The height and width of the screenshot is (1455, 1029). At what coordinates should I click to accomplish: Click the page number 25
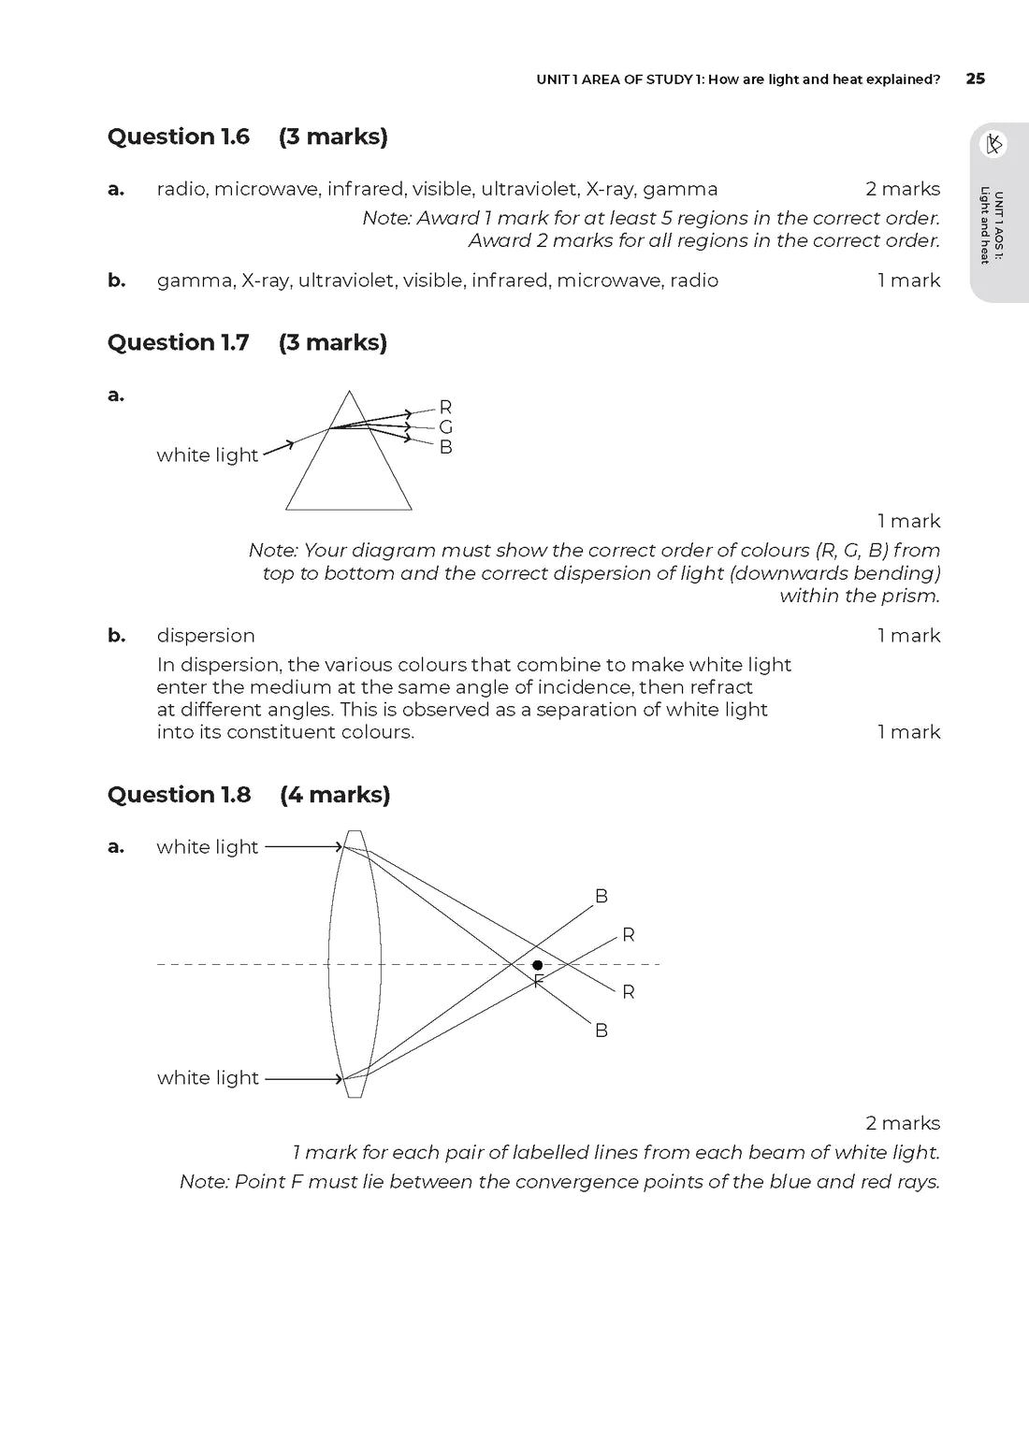[975, 79]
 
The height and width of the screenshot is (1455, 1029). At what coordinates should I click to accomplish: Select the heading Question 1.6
[179, 137]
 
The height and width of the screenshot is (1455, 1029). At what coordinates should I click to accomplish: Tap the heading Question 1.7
[179, 342]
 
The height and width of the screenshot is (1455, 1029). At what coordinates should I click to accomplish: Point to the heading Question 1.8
[180, 795]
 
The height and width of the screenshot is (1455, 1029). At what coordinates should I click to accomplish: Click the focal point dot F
[537, 965]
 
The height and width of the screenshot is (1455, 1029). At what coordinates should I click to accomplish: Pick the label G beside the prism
[446, 427]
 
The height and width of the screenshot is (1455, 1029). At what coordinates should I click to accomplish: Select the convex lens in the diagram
[355, 963]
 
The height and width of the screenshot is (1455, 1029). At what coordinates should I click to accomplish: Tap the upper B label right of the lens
[601, 897]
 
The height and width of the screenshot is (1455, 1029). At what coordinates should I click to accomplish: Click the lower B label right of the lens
[601, 1030]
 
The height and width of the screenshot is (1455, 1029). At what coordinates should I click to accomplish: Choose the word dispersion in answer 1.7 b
[206, 636]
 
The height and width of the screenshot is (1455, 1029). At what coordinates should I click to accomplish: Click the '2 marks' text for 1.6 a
[903, 189]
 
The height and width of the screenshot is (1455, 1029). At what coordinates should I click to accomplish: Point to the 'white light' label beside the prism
[207, 455]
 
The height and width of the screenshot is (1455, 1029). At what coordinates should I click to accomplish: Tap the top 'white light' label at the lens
[207, 847]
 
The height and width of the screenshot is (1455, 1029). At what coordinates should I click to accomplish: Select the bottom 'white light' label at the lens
[208, 1078]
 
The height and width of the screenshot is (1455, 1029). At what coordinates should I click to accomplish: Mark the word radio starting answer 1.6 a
[181, 189]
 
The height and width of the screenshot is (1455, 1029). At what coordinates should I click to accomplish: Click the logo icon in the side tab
[993, 144]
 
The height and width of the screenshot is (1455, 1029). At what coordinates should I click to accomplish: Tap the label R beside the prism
[446, 407]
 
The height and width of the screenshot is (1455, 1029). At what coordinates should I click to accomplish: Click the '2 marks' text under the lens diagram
[903, 1123]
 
